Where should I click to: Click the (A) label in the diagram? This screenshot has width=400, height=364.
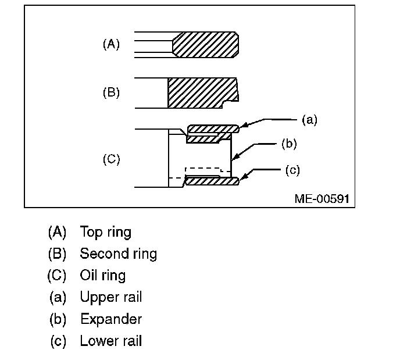[111, 44]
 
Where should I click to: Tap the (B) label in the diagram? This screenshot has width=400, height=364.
[111, 92]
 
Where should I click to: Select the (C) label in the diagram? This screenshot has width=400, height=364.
[111, 159]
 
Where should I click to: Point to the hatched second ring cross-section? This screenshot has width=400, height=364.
[201, 92]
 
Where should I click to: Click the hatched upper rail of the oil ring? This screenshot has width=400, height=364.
[213, 128]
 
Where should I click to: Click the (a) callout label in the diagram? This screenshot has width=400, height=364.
[309, 120]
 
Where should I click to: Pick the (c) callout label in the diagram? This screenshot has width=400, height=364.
[293, 170]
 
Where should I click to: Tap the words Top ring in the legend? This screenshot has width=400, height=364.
[105, 232]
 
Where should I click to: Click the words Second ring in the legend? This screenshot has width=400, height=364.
[118, 254]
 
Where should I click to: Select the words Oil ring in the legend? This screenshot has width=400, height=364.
[102, 275]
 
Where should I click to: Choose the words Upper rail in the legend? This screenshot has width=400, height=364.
[110, 297]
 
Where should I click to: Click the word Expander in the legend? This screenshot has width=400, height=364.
[110, 319]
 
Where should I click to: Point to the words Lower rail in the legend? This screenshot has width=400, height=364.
[110, 341]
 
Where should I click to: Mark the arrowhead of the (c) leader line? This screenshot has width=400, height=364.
[242, 176]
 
